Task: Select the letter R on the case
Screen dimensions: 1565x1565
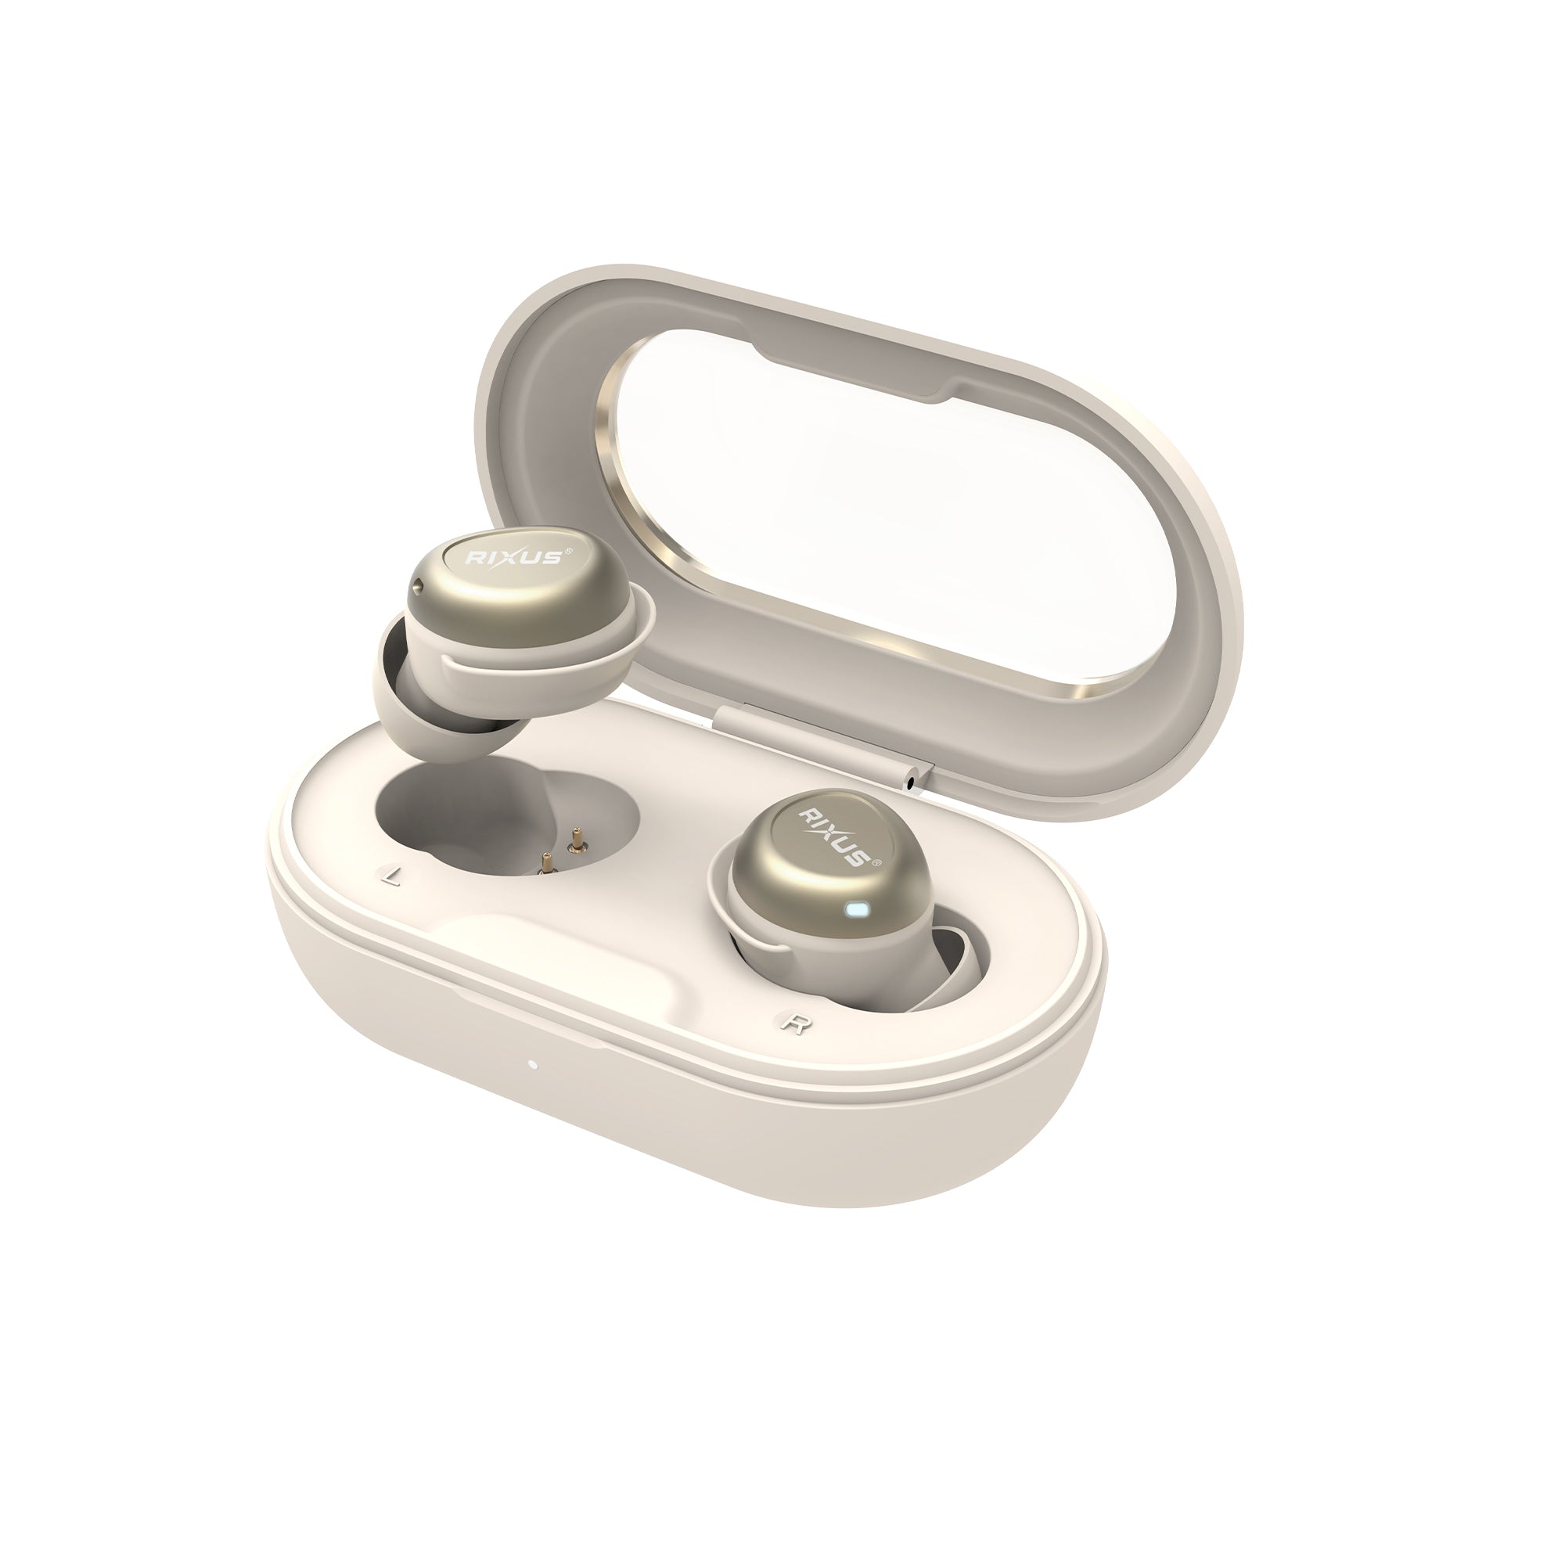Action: click(x=793, y=1022)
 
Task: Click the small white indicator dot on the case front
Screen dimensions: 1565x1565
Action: click(x=532, y=1064)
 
